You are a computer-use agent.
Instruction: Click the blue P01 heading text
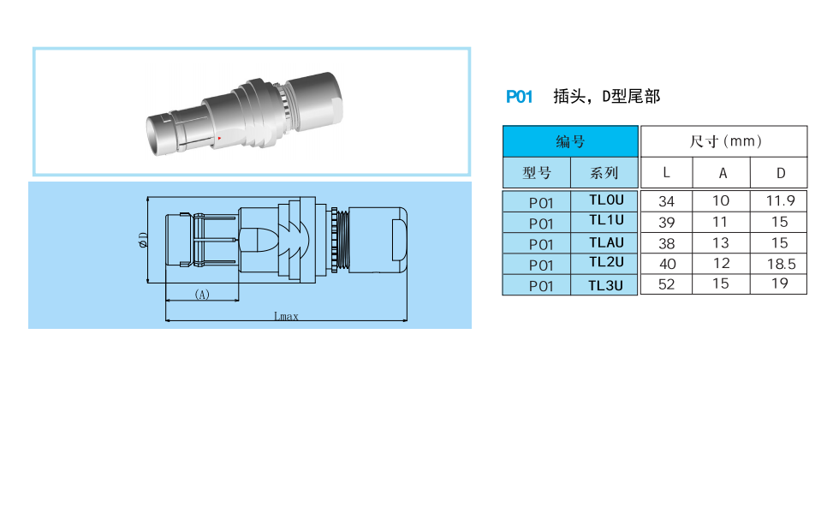(519, 97)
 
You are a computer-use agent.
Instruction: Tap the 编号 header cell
(570, 141)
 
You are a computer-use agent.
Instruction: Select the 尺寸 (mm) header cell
(724, 141)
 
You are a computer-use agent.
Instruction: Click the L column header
(666, 172)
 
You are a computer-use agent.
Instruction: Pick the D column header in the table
(780, 173)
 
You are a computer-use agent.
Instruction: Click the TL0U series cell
(604, 200)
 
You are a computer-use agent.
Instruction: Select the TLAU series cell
(604, 243)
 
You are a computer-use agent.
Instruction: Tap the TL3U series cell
(604, 285)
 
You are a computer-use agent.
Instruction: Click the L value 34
(666, 201)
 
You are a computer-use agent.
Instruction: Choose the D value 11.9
(780, 200)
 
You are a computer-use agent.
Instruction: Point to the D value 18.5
(781, 264)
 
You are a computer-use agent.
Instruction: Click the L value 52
(666, 284)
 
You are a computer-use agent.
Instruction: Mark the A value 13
(721, 243)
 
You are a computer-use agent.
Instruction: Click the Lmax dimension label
(286, 316)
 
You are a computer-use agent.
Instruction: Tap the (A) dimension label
(202, 295)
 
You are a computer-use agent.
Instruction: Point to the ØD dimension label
(143, 240)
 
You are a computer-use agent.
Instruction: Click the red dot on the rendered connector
(219, 138)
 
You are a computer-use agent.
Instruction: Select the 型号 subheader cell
(537, 173)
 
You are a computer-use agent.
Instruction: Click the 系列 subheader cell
(604, 173)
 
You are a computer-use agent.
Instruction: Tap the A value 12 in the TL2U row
(721, 264)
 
